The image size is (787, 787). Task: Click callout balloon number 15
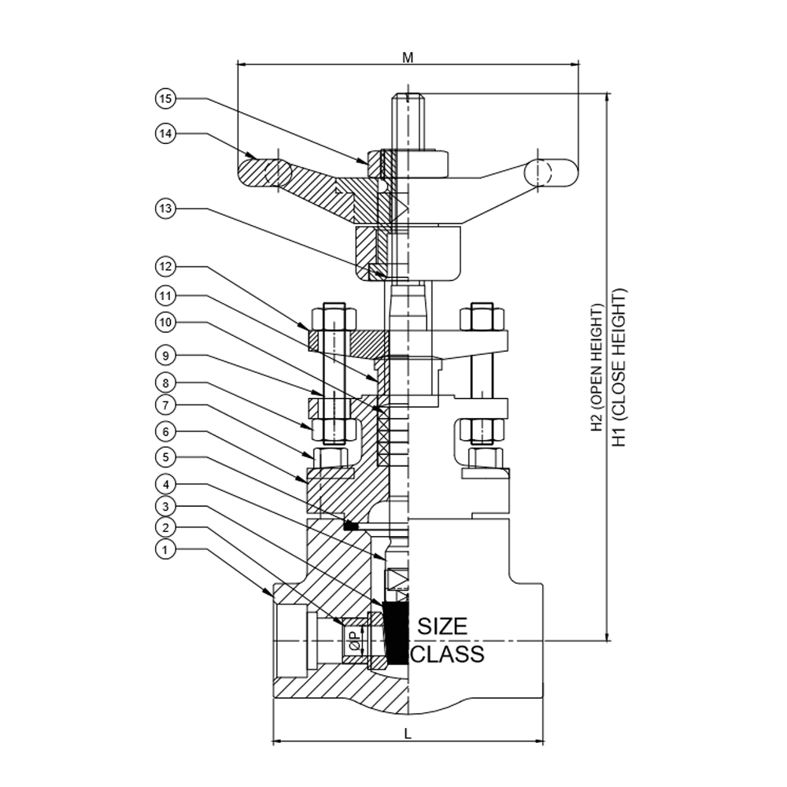(x=164, y=99)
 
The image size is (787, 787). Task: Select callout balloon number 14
(x=164, y=134)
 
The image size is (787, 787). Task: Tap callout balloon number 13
(x=164, y=209)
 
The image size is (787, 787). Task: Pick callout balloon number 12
(x=164, y=268)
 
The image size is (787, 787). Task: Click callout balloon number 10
(x=164, y=323)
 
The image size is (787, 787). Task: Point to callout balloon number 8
(x=164, y=383)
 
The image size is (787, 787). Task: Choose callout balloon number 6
(x=164, y=432)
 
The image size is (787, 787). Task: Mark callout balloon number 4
(x=164, y=482)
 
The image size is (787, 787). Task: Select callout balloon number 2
(x=164, y=527)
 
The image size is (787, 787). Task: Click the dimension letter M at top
(x=408, y=57)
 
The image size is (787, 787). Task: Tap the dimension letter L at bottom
(x=408, y=733)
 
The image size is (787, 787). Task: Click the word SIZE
(x=442, y=626)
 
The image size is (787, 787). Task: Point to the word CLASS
(x=447, y=654)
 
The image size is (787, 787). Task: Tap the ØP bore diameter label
(x=354, y=641)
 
